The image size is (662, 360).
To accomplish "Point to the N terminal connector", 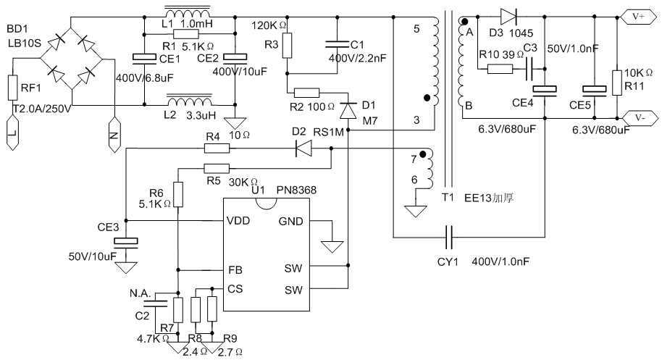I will point(114,134).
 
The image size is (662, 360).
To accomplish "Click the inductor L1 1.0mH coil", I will point(188,14).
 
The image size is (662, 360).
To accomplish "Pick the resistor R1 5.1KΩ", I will point(187,34).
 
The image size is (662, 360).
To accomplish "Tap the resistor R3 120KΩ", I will point(288,46).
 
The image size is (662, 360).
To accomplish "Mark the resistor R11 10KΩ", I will point(616,82).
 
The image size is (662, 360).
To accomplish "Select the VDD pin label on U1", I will point(238,221).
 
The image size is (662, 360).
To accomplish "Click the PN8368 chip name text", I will point(296,190).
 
